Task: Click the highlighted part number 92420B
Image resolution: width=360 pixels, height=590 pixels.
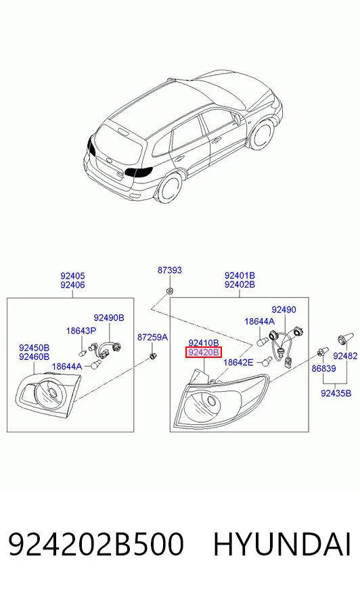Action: coord(204,353)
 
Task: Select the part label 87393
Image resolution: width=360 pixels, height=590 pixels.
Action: coord(169,270)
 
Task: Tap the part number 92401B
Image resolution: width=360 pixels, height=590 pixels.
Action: coord(240,275)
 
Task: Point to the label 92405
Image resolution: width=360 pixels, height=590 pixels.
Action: coord(72,276)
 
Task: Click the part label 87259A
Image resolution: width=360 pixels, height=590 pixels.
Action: coord(152,337)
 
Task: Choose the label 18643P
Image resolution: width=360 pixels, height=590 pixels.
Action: coord(81,331)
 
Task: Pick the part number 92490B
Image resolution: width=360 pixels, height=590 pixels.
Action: coord(109,318)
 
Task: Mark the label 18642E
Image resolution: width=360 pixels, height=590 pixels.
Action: coord(238,363)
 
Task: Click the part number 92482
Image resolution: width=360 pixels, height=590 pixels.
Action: coord(345,356)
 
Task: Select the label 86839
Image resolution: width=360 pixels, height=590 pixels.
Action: coord(323,368)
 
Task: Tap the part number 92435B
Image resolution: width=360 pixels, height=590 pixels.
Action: coord(336,393)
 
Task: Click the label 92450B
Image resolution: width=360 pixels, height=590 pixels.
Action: coord(35,348)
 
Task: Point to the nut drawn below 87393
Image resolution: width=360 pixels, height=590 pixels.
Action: coord(170,291)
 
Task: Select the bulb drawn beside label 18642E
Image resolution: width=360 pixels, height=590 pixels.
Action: coord(267,361)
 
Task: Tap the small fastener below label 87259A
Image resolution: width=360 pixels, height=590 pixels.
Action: coord(153,355)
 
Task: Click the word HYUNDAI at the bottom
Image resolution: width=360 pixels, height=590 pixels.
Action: coord(282,544)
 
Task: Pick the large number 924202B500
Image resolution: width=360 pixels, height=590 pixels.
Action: coord(96,544)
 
